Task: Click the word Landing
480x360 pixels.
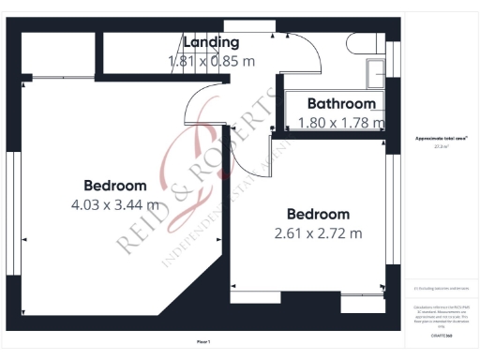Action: tap(211, 42)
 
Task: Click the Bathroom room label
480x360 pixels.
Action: tap(337, 104)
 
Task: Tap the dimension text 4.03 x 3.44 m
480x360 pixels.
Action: tap(114, 204)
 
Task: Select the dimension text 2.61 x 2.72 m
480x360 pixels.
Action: tap(318, 233)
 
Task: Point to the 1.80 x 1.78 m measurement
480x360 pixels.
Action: tap(339, 122)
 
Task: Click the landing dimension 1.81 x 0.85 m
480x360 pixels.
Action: tap(211, 61)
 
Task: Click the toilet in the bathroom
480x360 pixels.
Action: tap(361, 45)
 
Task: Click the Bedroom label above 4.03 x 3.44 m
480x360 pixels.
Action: tap(114, 185)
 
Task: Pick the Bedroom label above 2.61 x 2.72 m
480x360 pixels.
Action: tap(318, 214)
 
